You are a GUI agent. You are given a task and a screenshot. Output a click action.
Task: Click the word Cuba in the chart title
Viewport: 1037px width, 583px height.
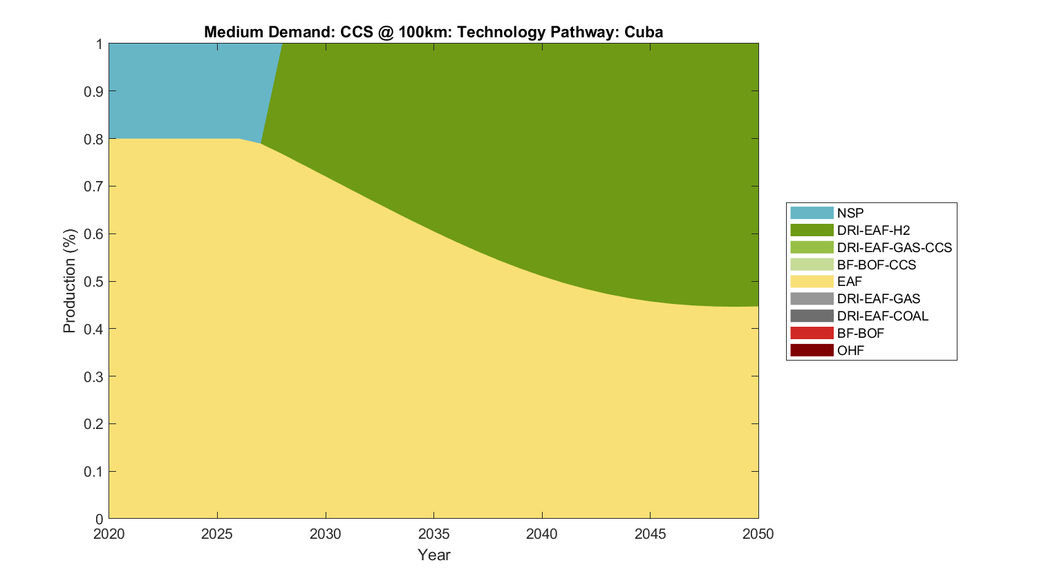644,32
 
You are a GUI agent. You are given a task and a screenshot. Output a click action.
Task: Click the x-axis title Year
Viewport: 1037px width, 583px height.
433,555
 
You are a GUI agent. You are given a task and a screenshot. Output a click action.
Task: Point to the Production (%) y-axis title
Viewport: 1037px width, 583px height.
69,281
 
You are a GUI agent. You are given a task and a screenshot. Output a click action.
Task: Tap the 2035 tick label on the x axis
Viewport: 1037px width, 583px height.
433,534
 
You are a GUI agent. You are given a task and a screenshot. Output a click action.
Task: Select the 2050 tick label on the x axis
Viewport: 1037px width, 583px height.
758,534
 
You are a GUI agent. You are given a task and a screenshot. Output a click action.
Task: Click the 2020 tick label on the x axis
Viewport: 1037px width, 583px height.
109,534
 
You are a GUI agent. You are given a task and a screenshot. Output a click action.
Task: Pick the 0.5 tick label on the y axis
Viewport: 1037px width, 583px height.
93,281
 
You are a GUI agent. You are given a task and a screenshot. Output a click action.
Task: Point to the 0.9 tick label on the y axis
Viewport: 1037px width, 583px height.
93,91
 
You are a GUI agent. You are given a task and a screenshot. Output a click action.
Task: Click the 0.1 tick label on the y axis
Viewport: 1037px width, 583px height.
93,471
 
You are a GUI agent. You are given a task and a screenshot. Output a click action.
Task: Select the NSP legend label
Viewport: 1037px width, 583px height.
850,213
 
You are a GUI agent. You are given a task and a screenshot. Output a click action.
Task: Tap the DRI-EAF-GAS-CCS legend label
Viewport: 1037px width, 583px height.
894,247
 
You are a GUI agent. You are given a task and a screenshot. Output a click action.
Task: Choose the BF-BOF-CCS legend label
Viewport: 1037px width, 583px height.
876,265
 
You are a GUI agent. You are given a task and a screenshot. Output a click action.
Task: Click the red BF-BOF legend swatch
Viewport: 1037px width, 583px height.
812,333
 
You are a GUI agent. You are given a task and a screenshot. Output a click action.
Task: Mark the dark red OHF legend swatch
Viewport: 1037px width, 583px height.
812,350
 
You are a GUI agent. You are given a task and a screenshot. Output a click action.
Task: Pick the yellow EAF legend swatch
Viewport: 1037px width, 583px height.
812,281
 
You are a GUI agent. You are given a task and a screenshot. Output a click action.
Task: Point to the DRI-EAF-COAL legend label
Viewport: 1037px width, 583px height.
882,316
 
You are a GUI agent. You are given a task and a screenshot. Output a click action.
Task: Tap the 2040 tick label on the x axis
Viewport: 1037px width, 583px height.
542,534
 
